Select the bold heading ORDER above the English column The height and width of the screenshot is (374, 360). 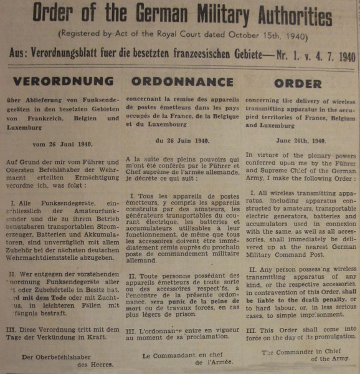coord(298,83)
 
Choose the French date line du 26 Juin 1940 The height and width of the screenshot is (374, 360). coord(174,141)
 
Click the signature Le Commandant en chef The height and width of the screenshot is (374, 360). coord(180,356)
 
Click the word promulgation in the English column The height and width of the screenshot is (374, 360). coord(324,336)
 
